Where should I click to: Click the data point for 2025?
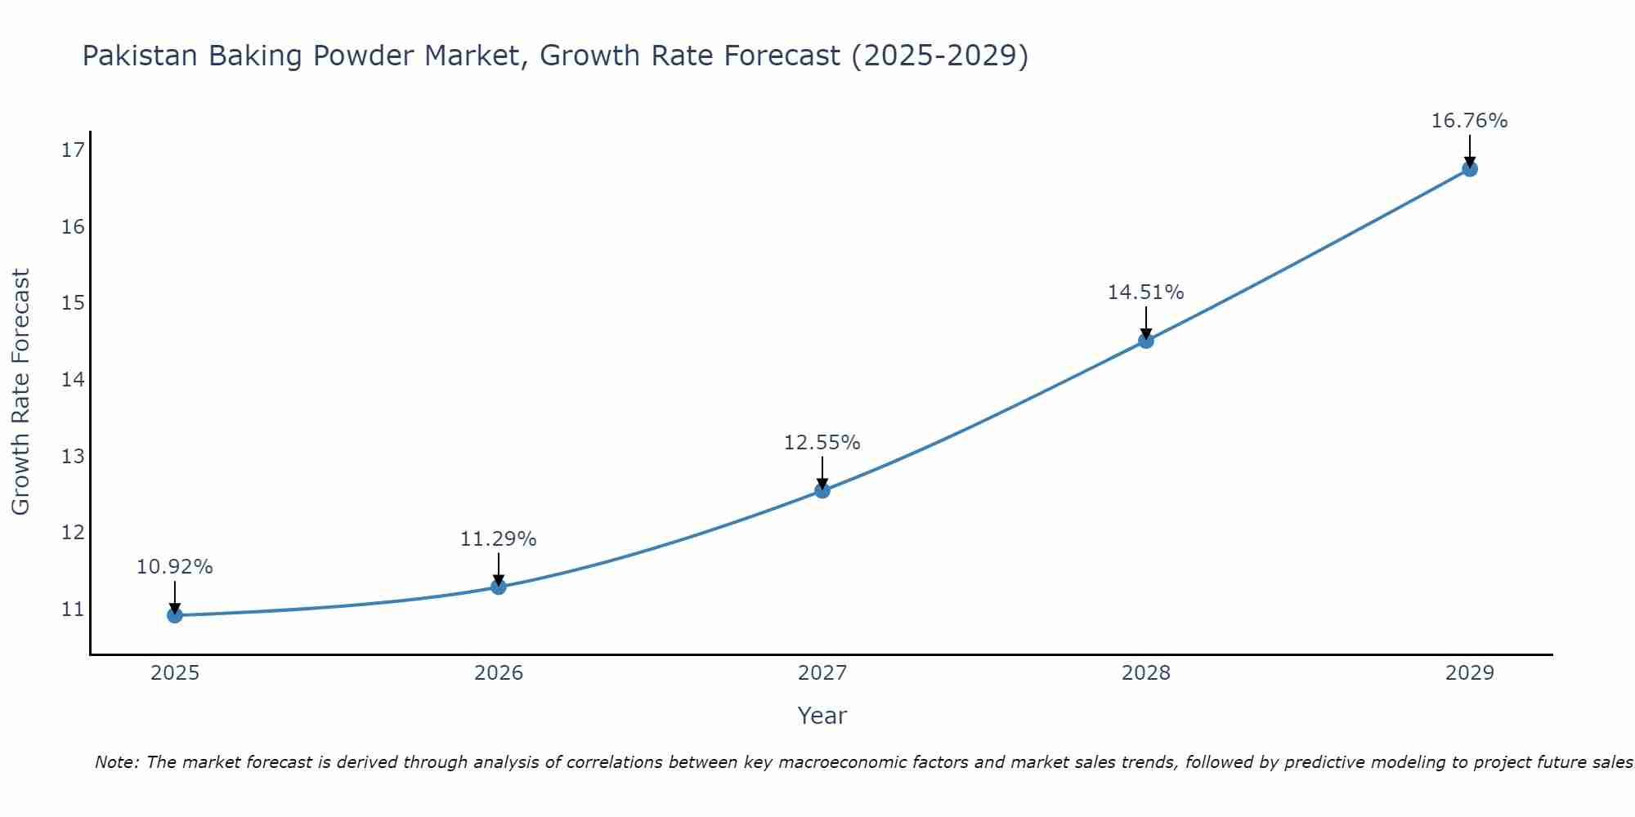pos(175,615)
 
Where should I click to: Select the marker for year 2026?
pos(499,587)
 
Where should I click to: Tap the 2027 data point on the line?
pos(822,490)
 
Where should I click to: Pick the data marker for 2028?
pos(1146,341)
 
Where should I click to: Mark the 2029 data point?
pos(1470,169)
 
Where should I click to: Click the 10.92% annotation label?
pos(175,567)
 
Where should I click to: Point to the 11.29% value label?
pos(499,539)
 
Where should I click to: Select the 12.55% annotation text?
pos(822,443)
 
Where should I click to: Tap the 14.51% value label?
pos(1146,292)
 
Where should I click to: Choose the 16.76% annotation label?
pos(1470,121)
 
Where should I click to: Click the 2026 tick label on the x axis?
pos(499,673)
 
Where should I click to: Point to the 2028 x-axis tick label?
pos(1146,673)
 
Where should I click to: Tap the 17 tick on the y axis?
pos(73,150)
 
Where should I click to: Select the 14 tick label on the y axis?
pos(73,379)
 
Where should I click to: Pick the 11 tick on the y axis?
pos(73,609)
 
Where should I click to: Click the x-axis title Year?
pos(822,716)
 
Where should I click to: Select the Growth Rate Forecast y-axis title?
pos(20,392)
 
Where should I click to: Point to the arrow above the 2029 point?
pos(1470,150)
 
